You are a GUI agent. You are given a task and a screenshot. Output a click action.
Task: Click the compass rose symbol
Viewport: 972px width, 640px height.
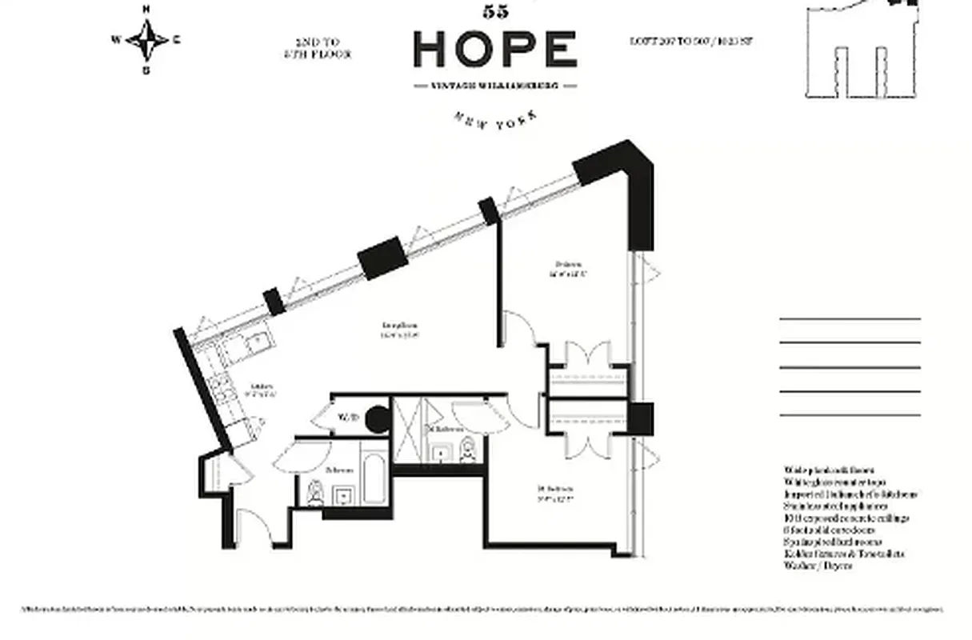[147, 38]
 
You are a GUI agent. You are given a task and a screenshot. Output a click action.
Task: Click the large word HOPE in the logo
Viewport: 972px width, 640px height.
[495, 50]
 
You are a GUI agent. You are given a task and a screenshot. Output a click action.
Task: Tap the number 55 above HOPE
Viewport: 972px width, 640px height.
[496, 11]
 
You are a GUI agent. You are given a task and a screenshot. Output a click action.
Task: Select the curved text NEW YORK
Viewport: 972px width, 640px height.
[495, 118]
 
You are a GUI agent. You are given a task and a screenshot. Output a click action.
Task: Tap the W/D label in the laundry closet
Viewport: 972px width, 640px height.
[347, 417]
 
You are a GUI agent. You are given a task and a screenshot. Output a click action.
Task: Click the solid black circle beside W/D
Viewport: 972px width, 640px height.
[375, 418]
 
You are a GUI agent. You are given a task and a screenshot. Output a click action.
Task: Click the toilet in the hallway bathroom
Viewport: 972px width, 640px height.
[316, 494]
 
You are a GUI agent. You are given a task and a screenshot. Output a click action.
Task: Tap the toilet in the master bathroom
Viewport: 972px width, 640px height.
[469, 451]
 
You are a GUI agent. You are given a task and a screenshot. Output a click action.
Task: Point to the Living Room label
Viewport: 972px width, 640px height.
[400, 330]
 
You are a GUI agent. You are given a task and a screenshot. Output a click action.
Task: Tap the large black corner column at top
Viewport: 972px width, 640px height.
[624, 172]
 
